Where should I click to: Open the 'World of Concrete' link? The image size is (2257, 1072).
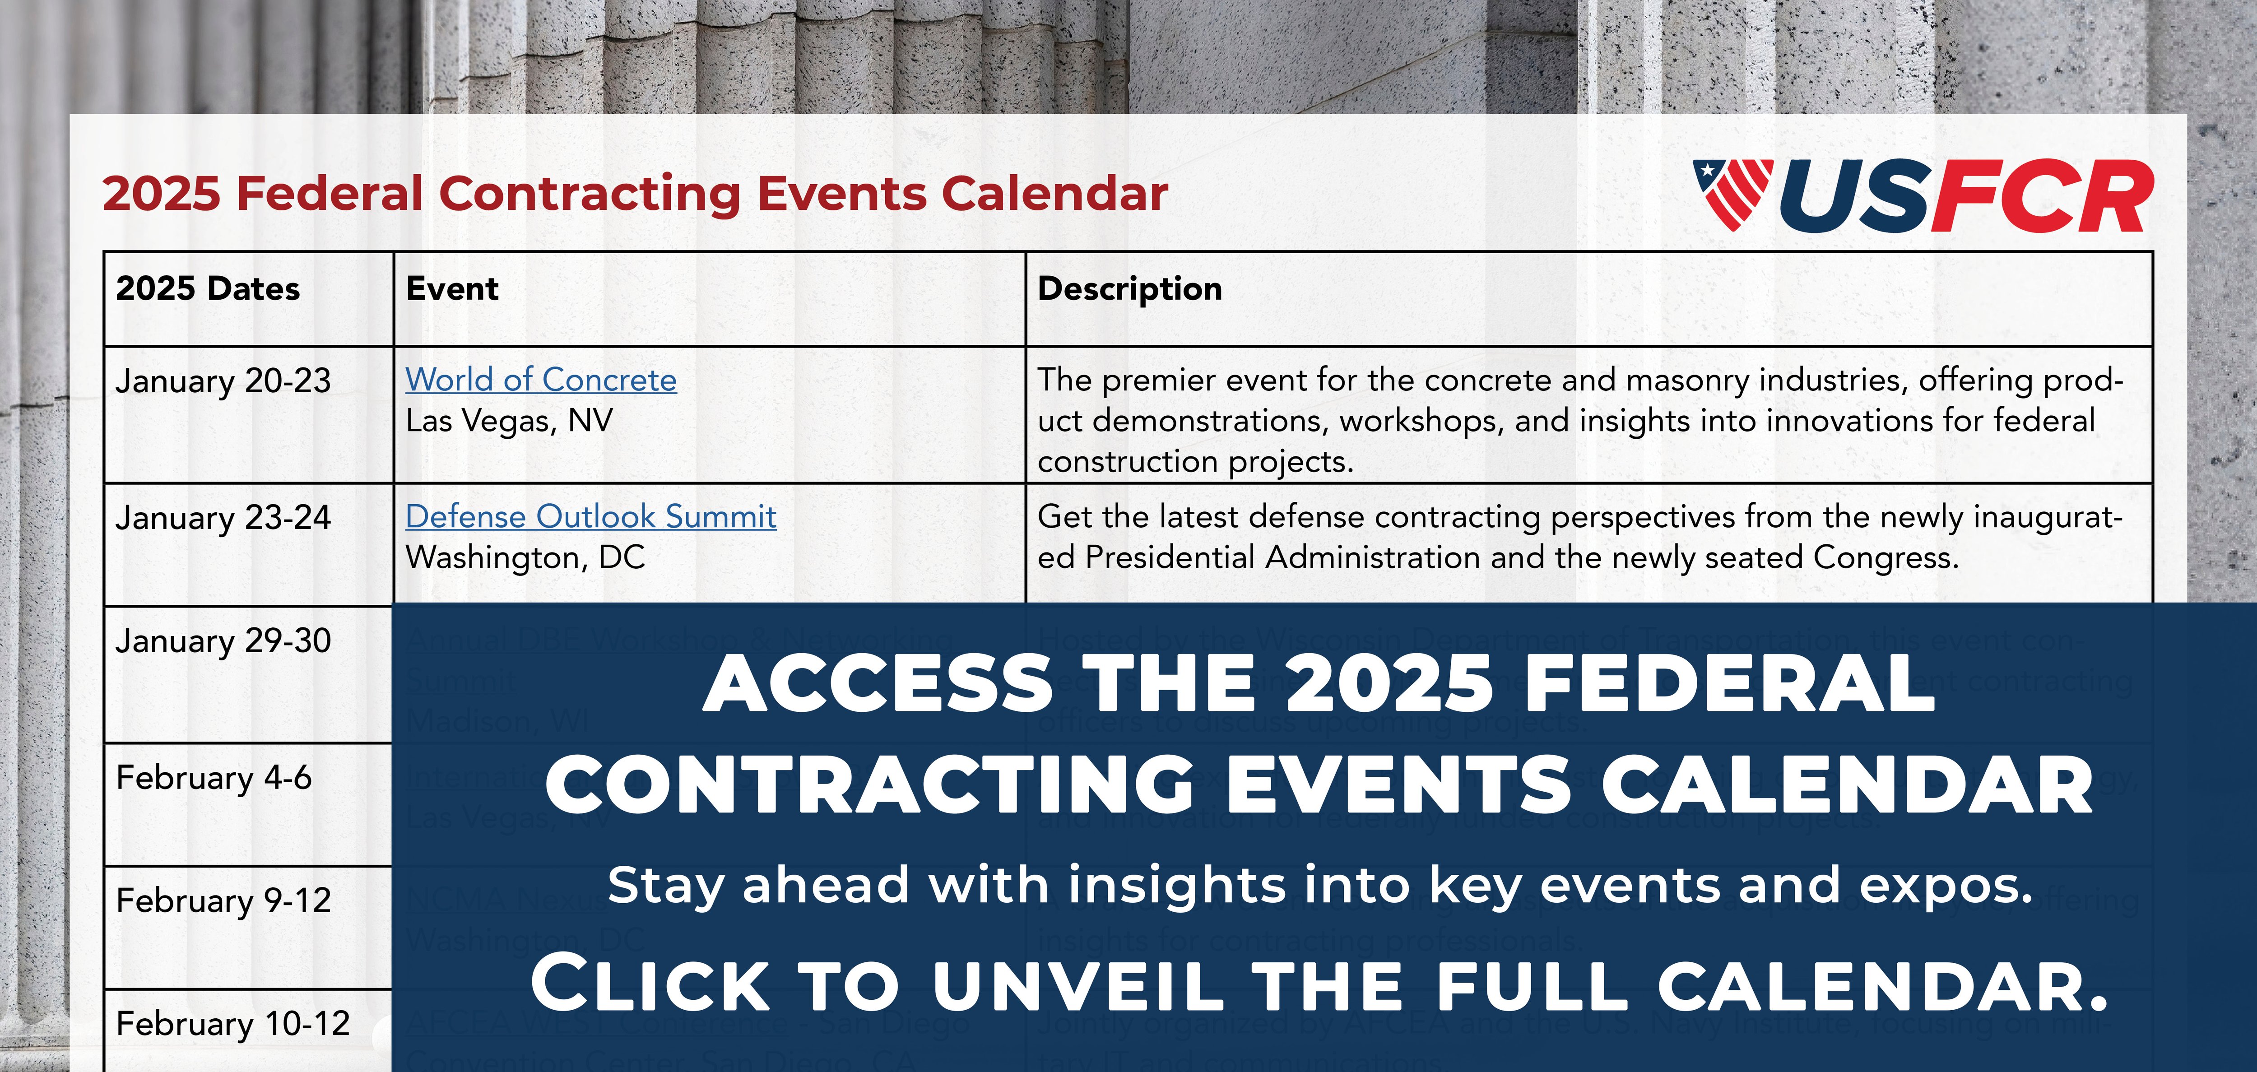tap(541, 380)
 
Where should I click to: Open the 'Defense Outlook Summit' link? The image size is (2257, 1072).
tap(590, 517)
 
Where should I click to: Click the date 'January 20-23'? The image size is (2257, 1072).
tap(223, 381)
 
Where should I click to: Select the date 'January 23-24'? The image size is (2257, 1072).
tap(223, 518)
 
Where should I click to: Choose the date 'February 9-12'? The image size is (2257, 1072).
tap(223, 900)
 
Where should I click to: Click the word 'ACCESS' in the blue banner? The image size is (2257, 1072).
tap(877, 684)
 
